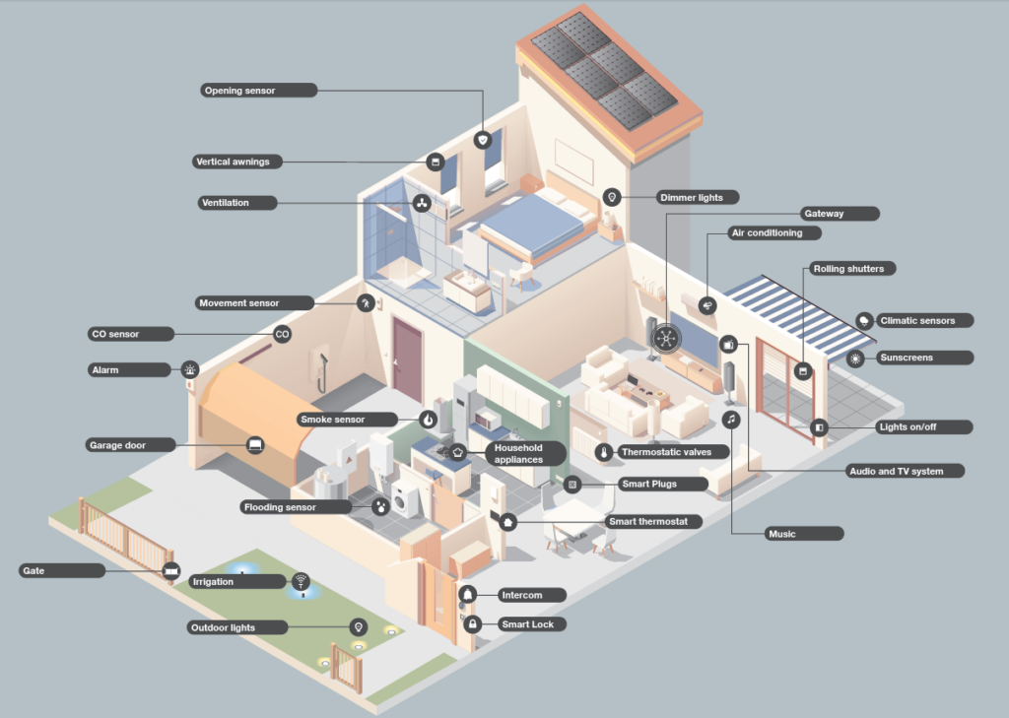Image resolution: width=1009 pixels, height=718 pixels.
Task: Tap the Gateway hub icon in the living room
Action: click(x=666, y=339)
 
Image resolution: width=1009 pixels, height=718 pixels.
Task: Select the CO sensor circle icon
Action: click(x=282, y=334)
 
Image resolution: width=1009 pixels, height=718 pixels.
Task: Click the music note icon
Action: click(x=730, y=420)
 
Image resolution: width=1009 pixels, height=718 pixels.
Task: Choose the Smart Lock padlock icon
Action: click(x=472, y=624)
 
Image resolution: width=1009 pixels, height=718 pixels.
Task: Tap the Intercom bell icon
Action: click(x=468, y=595)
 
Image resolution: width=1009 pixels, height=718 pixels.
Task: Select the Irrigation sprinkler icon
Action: click(x=301, y=582)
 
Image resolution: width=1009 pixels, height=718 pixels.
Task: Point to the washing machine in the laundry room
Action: click(x=405, y=499)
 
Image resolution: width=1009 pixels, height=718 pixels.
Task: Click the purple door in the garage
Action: click(x=407, y=359)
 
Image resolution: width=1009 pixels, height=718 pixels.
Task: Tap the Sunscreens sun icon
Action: click(x=855, y=359)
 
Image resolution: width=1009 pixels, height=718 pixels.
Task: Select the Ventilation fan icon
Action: click(x=422, y=203)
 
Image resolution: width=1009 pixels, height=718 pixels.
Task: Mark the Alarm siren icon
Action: click(x=190, y=369)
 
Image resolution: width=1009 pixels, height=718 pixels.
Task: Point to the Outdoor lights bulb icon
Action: click(x=359, y=627)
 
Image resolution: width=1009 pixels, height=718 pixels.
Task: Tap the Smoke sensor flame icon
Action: click(x=428, y=420)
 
